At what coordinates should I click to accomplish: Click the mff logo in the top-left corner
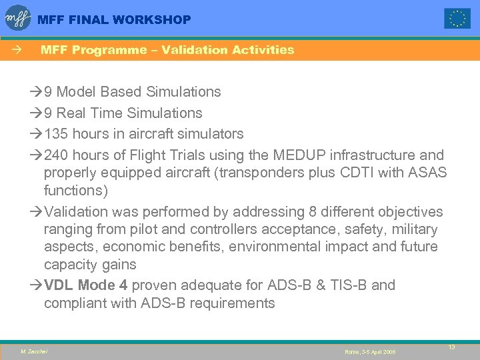click(18, 18)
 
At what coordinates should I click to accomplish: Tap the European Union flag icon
click(457, 19)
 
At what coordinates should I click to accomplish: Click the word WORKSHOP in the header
click(152, 20)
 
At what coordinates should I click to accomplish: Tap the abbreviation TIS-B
click(346, 285)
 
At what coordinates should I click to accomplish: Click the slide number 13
click(451, 347)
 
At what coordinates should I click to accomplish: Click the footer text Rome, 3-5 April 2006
click(370, 351)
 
